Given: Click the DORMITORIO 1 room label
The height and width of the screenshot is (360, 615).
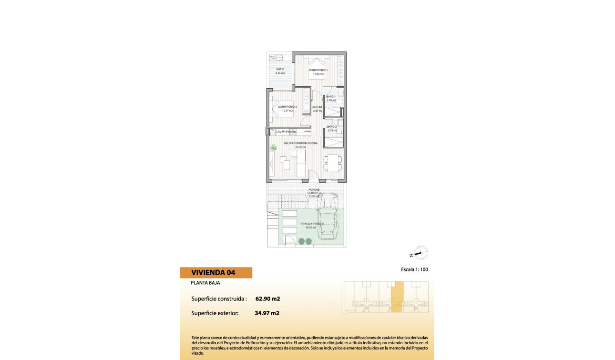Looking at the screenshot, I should [x=318, y=70].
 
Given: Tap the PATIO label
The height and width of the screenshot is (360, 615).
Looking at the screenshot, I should [x=280, y=69].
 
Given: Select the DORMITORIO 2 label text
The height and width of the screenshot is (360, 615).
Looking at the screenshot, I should [x=287, y=107].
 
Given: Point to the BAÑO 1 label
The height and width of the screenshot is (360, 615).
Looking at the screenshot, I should [x=331, y=97].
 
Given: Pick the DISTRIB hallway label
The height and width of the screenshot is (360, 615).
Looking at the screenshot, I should [x=317, y=107].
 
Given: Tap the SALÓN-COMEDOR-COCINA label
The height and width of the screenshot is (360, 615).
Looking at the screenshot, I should [x=301, y=143].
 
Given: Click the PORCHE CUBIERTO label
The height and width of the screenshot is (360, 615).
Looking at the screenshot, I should [x=313, y=191].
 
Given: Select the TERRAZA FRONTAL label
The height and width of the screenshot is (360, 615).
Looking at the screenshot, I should [x=312, y=224].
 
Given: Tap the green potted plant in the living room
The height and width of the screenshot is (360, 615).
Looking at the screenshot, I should [x=274, y=148].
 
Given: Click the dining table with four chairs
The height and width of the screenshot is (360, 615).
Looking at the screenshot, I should [x=332, y=163].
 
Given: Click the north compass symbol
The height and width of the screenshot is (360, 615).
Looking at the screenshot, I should [x=420, y=253].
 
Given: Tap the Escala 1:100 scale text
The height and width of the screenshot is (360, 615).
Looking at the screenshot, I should [x=414, y=269].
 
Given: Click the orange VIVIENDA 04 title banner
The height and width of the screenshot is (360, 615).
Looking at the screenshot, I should [x=216, y=273].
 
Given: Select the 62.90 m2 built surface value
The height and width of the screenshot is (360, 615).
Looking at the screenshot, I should [x=267, y=299].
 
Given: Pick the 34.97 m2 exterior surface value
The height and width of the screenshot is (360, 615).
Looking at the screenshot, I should [x=267, y=313].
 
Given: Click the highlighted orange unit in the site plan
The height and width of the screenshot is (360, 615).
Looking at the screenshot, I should [x=397, y=297].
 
